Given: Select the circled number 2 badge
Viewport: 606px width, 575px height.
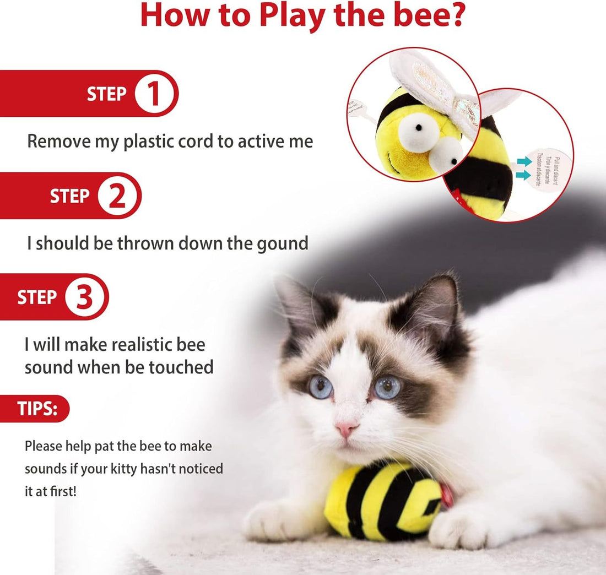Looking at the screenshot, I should (117, 196).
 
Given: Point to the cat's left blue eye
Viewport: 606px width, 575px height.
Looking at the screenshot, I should (321, 387).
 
